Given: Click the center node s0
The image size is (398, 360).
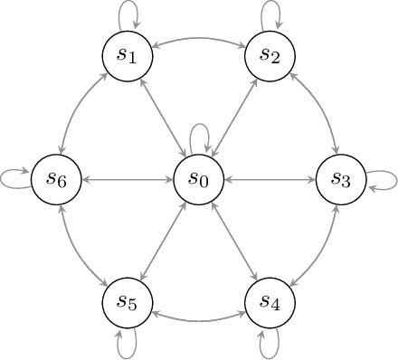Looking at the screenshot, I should point(199,179).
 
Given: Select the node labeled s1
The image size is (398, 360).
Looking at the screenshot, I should point(128,55).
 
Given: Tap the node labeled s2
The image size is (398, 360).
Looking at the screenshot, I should point(270,55).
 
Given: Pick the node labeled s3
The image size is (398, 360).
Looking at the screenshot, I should point(342,179).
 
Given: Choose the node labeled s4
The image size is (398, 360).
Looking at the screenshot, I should point(270,302).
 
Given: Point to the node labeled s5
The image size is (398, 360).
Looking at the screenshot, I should point(128,302).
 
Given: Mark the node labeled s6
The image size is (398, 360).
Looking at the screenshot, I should point(56,179).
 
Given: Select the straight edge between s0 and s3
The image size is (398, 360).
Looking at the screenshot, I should point(270,179).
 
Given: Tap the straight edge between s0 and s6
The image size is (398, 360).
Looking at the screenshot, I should point(128,179).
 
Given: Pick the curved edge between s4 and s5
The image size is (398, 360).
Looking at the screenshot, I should point(199,320).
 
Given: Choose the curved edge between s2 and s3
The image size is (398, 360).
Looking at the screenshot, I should point(322,109).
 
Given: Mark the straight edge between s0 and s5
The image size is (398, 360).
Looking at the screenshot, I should point(163,242).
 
